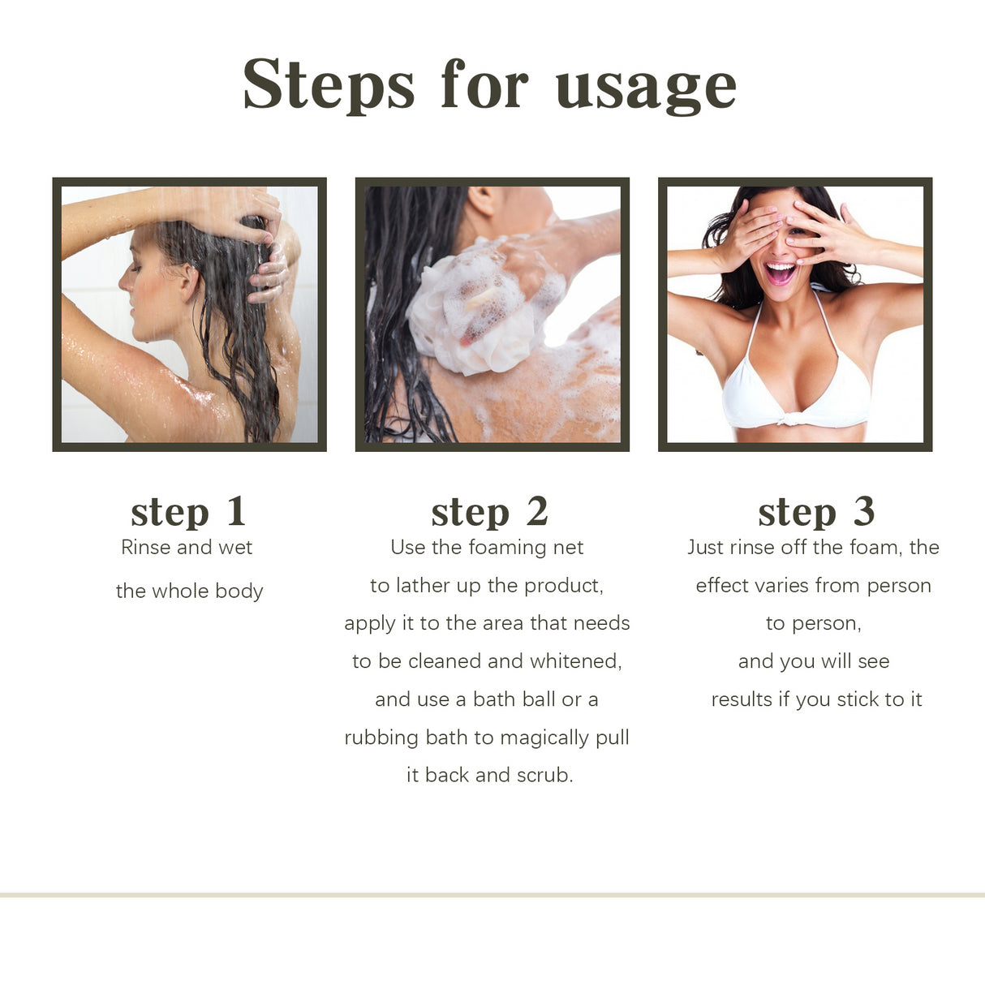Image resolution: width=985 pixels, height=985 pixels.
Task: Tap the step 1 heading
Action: point(188,512)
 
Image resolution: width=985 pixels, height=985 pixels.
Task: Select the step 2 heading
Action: point(489,512)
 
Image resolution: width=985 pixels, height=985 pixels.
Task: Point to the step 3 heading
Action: point(815,512)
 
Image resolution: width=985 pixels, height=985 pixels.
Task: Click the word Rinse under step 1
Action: point(145,548)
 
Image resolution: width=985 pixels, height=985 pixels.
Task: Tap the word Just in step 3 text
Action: point(705,548)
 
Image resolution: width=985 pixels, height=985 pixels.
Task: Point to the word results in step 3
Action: point(742,699)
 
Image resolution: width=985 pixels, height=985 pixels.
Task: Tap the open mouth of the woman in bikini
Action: point(781,273)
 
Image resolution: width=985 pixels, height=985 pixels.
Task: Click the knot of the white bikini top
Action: point(785,419)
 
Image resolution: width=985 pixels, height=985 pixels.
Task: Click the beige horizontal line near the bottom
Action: point(492,895)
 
